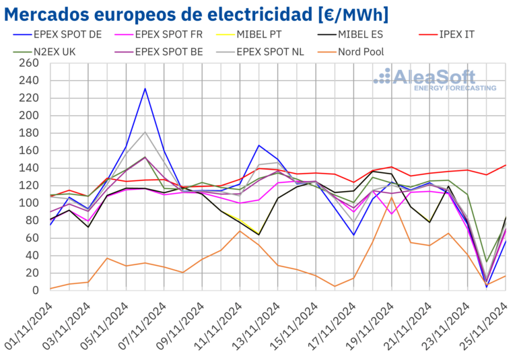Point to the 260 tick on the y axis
pyautogui.click(x=29, y=63)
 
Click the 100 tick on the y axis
pyautogui.click(x=29, y=203)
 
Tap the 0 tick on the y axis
pyautogui.click(x=36, y=290)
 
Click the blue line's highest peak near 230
pyautogui.click(x=145, y=88)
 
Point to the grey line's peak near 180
pyautogui.click(x=145, y=132)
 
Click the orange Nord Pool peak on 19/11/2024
pyautogui.click(x=392, y=197)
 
